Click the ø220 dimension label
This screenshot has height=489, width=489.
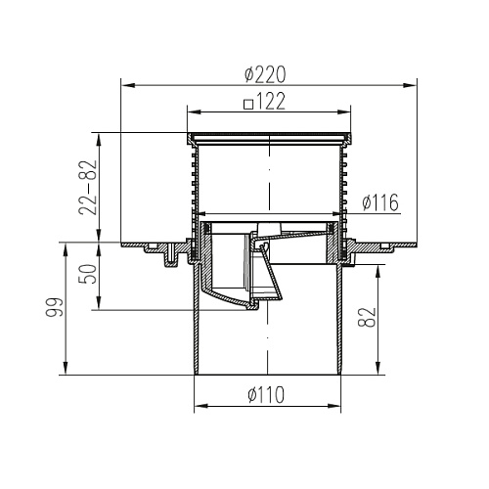click(265, 74)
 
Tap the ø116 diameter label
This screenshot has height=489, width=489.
click(380, 202)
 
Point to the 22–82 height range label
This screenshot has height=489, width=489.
click(88, 188)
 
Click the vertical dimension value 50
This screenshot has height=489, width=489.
click(88, 275)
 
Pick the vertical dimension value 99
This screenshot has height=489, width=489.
click(54, 307)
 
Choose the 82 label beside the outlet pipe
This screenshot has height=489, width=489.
click(367, 318)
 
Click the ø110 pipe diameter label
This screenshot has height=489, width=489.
click(266, 394)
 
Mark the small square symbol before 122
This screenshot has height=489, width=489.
click(248, 104)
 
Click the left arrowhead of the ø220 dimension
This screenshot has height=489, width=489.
click(127, 85)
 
